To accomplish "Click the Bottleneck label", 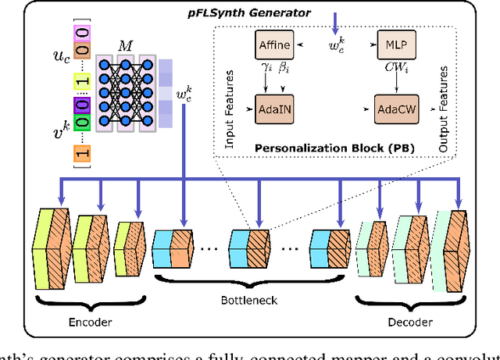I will (248, 299).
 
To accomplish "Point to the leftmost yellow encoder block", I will (50, 240).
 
